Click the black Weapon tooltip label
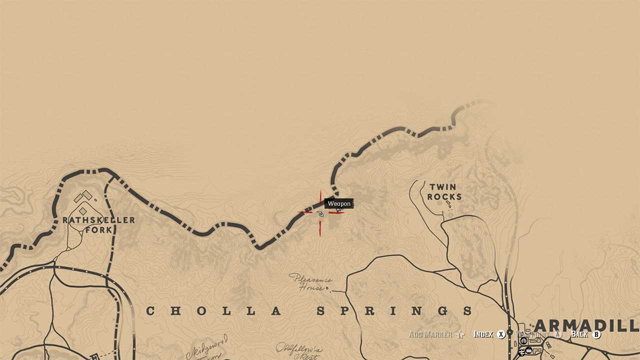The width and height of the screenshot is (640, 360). pyautogui.click(x=339, y=203)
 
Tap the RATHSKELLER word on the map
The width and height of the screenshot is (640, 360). pyautogui.click(x=98, y=220)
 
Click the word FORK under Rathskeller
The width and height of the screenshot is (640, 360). pyautogui.click(x=98, y=230)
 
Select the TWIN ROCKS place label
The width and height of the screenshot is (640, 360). pyautogui.click(x=444, y=192)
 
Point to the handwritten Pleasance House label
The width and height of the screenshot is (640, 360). pyautogui.click(x=310, y=282)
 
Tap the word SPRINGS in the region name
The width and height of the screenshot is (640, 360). pyautogui.click(x=395, y=311)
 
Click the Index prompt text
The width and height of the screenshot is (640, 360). pyautogui.click(x=483, y=334)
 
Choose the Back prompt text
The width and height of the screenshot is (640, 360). pyautogui.click(x=579, y=334)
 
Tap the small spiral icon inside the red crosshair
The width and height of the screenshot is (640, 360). pyautogui.click(x=320, y=214)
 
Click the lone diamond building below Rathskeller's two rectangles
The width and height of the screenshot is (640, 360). pyautogui.click(x=82, y=211)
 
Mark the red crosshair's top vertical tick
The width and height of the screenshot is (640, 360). pyautogui.click(x=320, y=197)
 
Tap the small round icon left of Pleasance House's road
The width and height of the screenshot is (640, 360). pyautogui.click(x=328, y=288)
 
